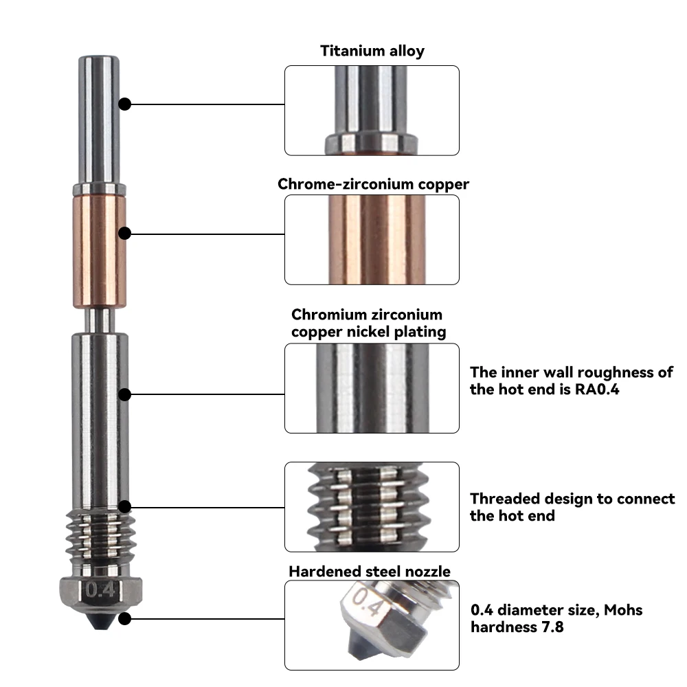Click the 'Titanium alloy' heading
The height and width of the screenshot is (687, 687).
click(372, 51)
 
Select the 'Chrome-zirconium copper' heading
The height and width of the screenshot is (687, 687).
click(373, 184)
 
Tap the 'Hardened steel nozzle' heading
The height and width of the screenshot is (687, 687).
click(370, 572)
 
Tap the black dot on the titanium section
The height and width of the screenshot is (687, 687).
click(124, 104)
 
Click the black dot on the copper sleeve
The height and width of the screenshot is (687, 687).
click(124, 234)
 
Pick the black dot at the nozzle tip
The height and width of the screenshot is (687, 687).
click(124, 618)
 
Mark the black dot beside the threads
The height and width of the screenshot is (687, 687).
click(124, 507)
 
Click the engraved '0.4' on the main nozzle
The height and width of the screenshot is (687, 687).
click(100, 589)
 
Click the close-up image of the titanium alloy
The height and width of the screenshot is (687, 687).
click(372, 110)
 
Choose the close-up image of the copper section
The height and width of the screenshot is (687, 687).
click(372, 239)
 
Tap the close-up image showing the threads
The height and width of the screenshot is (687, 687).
click(372, 506)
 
